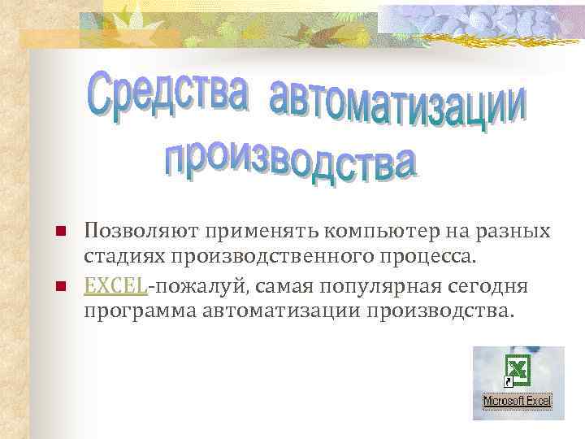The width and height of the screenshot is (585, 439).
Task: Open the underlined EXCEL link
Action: [x=115, y=285]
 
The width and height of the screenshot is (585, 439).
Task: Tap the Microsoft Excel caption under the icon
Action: [x=518, y=401]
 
